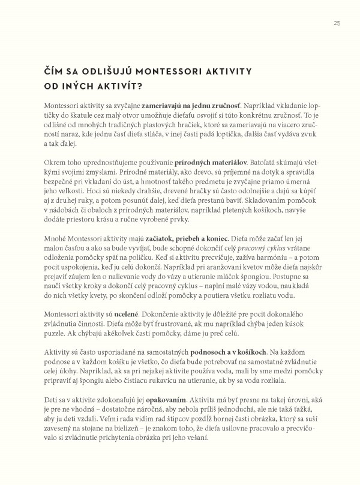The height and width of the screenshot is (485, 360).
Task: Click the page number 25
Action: pyautogui.click(x=336, y=23)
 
